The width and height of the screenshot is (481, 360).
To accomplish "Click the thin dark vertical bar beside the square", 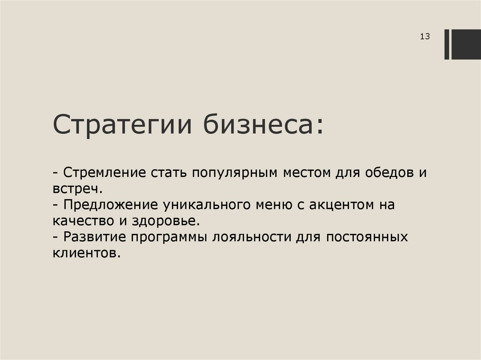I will point(447,44).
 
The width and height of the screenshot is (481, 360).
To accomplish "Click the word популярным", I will point(233,173).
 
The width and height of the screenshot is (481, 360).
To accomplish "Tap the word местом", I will point(307,172).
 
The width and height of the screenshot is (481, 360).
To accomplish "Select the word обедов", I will point(385,172).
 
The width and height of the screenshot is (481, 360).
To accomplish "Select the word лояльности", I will point(250,237).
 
